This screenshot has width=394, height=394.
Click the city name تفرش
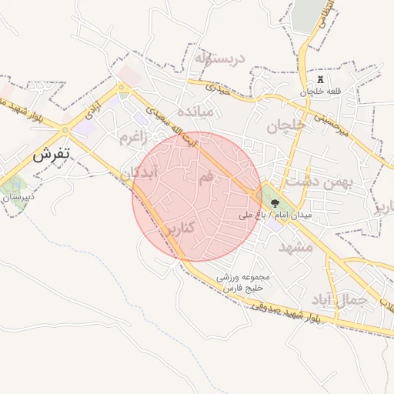[51, 154]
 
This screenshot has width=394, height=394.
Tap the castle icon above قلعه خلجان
[321, 80]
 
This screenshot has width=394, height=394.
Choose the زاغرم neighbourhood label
[132, 137]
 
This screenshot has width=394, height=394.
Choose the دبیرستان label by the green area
[20, 198]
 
